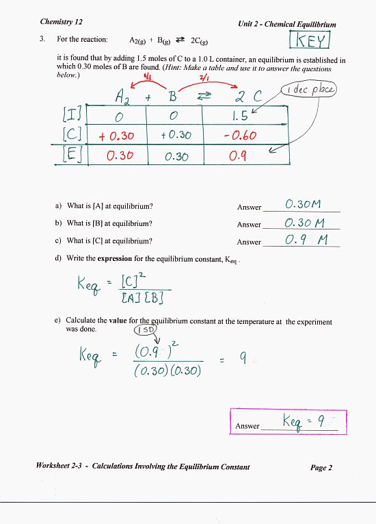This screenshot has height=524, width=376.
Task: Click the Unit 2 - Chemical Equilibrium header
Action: tap(287, 24)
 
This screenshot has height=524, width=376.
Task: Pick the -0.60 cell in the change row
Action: tap(239, 135)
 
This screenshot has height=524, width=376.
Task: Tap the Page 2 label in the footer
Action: tap(321, 468)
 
